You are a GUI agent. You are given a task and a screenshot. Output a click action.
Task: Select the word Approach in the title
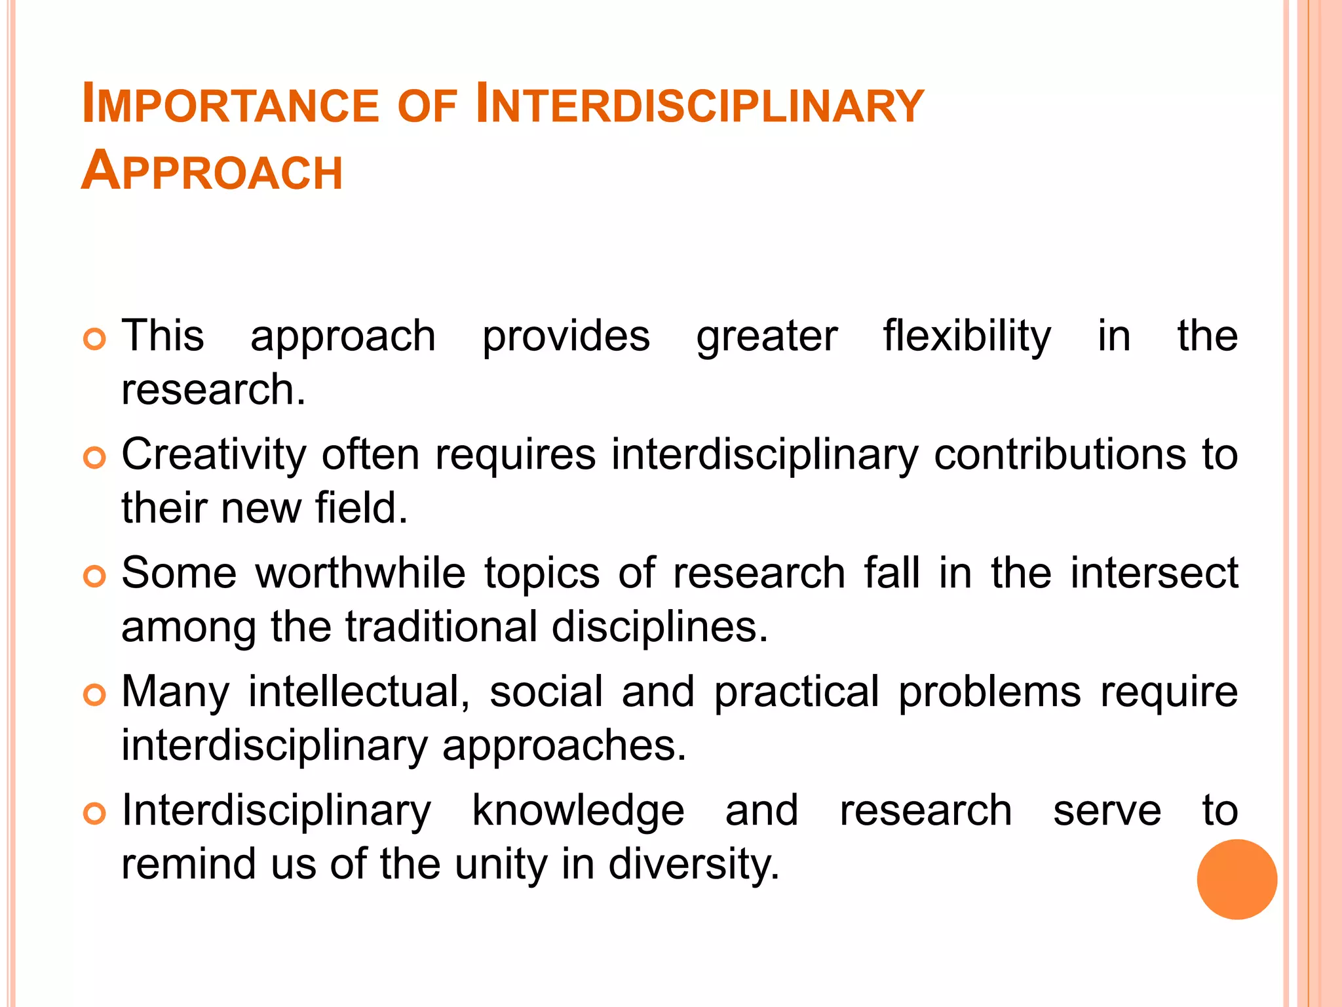[x=212, y=171]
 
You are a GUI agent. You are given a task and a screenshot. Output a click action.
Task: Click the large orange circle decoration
[x=1237, y=879]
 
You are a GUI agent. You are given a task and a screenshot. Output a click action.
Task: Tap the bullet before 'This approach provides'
[x=94, y=339]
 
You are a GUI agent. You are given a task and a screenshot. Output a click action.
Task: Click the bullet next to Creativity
[x=94, y=458]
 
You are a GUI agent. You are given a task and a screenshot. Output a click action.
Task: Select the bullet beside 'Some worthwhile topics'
[x=94, y=576]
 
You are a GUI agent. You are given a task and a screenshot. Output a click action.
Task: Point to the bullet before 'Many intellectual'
[x=94, y=695]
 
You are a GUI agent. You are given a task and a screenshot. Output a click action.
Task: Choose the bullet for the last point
[x=94, y=814]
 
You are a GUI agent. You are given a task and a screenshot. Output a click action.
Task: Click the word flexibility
[x=967, y=337]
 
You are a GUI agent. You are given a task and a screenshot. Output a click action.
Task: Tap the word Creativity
[x=214, y=456]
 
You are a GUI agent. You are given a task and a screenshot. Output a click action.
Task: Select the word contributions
[x=1060, y=454]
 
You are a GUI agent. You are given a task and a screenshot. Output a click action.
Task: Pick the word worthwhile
[x=360, y=573]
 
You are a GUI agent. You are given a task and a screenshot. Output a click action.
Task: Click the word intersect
[x=1153, y=573]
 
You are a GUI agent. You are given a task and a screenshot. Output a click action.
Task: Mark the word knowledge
[x=578, y=812]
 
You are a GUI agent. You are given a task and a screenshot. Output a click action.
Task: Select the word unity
[x=501, y=865]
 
